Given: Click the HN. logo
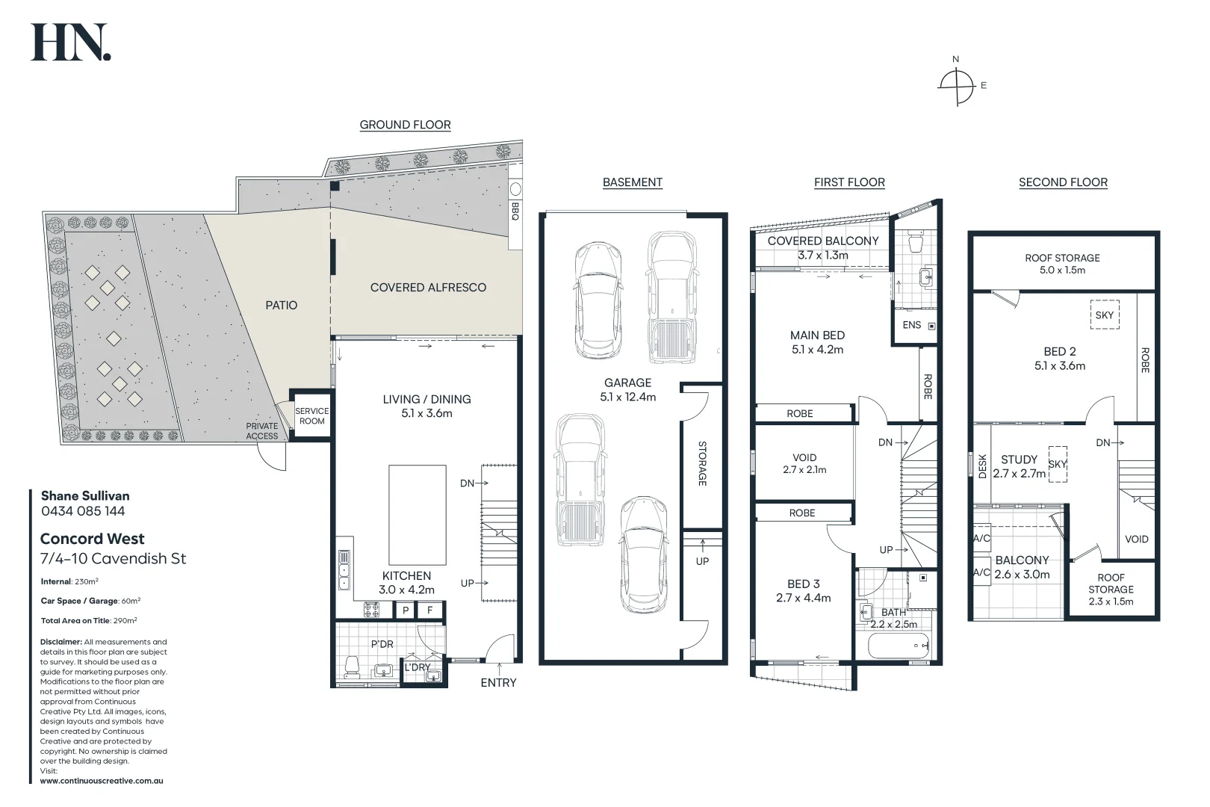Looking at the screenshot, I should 70,43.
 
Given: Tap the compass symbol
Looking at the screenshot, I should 957,84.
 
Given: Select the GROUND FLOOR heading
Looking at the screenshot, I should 405,125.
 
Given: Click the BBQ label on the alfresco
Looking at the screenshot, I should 515,211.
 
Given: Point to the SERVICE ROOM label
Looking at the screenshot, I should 311,416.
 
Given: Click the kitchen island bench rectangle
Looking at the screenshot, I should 417,515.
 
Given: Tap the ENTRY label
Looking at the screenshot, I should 498,682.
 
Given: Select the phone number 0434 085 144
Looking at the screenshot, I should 83,511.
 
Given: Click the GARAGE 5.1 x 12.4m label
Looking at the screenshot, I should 627,389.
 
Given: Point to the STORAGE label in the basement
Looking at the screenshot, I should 702,463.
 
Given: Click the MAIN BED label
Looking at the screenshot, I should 817,342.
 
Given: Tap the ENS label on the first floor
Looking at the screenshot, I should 912,325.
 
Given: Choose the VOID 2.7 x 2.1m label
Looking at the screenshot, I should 804,463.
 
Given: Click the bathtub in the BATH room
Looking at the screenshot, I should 899,645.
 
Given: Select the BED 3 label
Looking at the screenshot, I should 803,590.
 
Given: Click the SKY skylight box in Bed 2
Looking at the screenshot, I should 1104,315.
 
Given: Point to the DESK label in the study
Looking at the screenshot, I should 982,466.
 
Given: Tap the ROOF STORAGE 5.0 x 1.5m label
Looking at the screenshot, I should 1062,264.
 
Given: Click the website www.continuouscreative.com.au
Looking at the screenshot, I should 102,781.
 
